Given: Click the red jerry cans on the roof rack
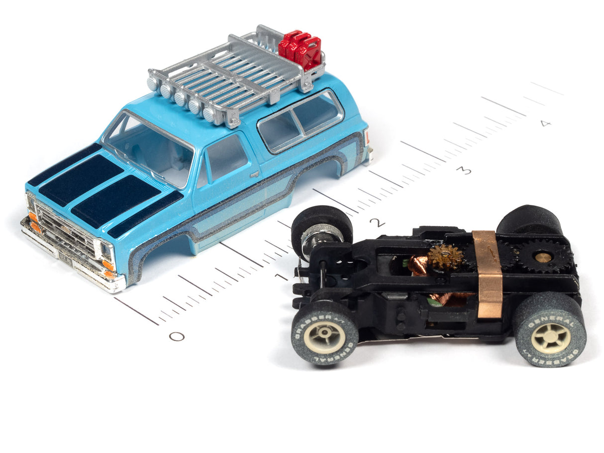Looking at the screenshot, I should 301,49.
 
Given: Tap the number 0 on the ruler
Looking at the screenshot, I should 177,337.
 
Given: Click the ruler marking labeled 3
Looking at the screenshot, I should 464,171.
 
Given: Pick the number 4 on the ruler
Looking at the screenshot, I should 546,123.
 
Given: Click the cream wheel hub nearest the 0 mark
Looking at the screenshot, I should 325,337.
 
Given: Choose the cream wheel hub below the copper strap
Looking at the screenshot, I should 551,338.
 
